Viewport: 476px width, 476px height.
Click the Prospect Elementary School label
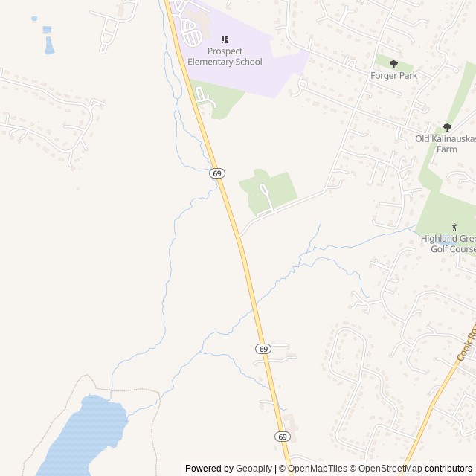coord(225,57)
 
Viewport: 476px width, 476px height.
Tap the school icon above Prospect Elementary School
coord(225,39)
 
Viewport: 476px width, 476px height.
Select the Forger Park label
coord(393,75)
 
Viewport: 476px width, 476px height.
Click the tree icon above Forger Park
coord(393,64)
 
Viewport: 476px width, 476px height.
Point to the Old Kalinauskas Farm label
coord(445,144)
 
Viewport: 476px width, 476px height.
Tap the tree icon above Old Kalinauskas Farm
coord(447,127)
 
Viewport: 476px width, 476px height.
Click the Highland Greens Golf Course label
coord(448,243)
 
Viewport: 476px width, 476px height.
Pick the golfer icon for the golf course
coord(454,227)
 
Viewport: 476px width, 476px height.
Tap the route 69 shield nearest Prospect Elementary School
coord(216,173)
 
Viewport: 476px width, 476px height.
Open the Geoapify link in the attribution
coord(254,469)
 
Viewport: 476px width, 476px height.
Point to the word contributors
coord(448,469)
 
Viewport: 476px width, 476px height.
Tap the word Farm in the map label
coord(446,149)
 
